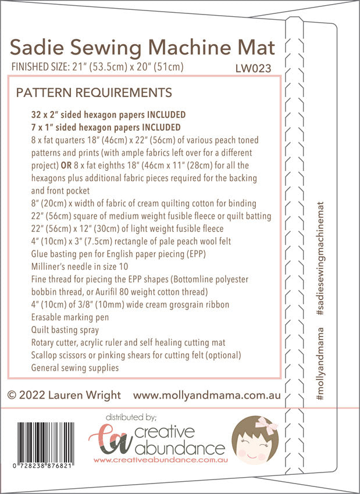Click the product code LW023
pyautogui.click(x=253, y=68)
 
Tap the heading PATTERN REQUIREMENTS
pyautogui.click(x=94, y=92)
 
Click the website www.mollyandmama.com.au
pyautogui.click(x=207, y=395)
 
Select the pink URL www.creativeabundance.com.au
pyautogui.click(x=159, y=460)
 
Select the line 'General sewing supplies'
pyautogui.click(x=75, y=367)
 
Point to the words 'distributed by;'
pyautogui.click(x=131, y=417)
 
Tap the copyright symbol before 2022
pyautogui.click(x=12, y=396)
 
